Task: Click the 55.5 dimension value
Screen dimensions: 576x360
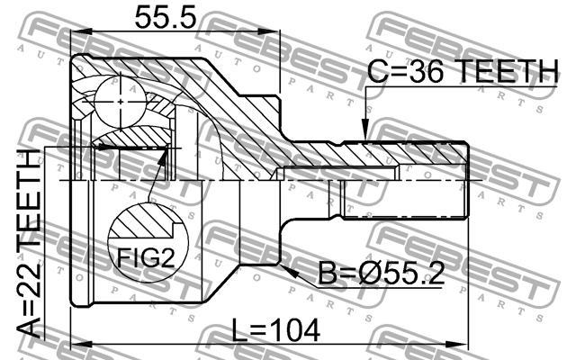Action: pos(166,18)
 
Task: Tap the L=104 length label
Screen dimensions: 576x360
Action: pos(276,330)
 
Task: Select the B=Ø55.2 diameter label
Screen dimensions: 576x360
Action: pos(382,273)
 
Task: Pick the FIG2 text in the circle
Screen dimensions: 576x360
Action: pos(146,257)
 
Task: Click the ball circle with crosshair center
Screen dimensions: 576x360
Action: pos(121,102)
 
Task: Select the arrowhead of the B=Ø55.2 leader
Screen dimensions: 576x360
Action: pos(288,271)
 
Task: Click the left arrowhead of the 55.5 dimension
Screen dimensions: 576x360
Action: pos(81,31)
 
